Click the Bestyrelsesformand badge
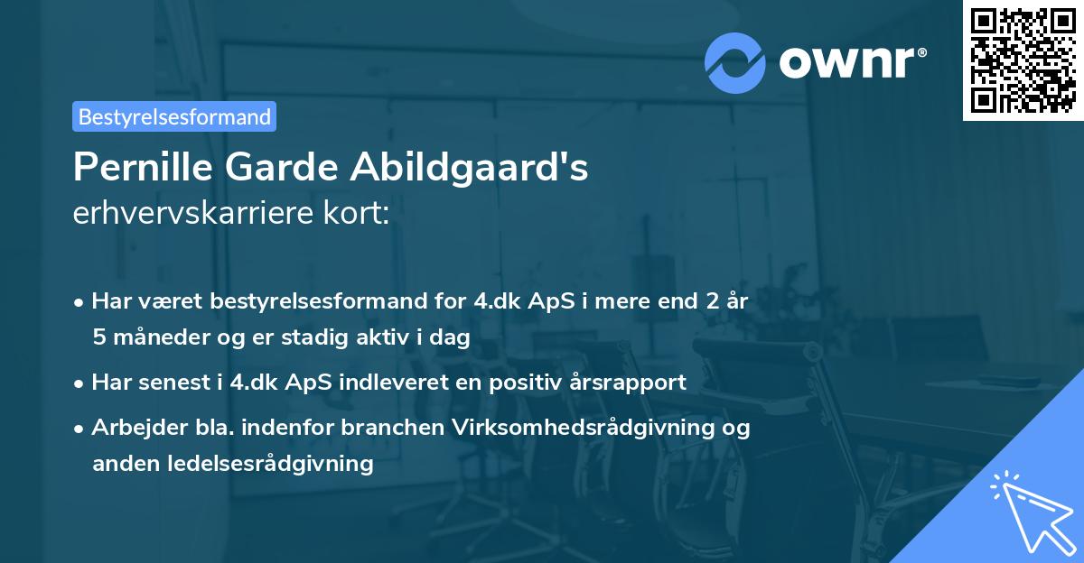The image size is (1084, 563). pos(174,116)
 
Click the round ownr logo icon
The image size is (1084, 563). pos(735,62)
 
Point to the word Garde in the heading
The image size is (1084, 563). pos(272,167)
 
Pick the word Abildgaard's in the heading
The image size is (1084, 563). pos(469,167)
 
